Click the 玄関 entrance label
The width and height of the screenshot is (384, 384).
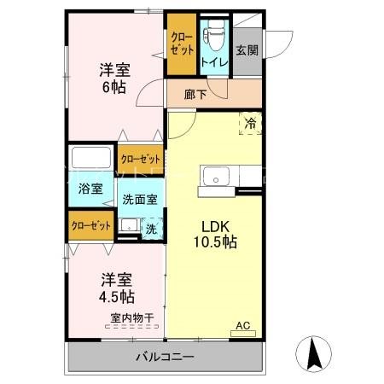pos(247,49)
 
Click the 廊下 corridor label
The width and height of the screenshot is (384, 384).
pos(195,95)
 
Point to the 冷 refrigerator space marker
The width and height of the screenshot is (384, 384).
pos(251,123)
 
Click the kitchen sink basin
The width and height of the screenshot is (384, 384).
pos(213,178)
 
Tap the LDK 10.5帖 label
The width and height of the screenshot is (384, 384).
pos(218,234)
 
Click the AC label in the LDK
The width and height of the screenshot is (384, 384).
pos(243,325)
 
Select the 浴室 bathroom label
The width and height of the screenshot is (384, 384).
pos(90,189)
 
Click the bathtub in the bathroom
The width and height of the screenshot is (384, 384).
pos(91,160)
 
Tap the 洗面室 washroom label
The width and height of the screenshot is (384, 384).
pos(138,200)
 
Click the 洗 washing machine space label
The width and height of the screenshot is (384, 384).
pos(150,229)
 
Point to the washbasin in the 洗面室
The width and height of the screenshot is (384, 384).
pos(129,226)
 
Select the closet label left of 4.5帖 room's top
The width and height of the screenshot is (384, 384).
pos(91,225)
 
